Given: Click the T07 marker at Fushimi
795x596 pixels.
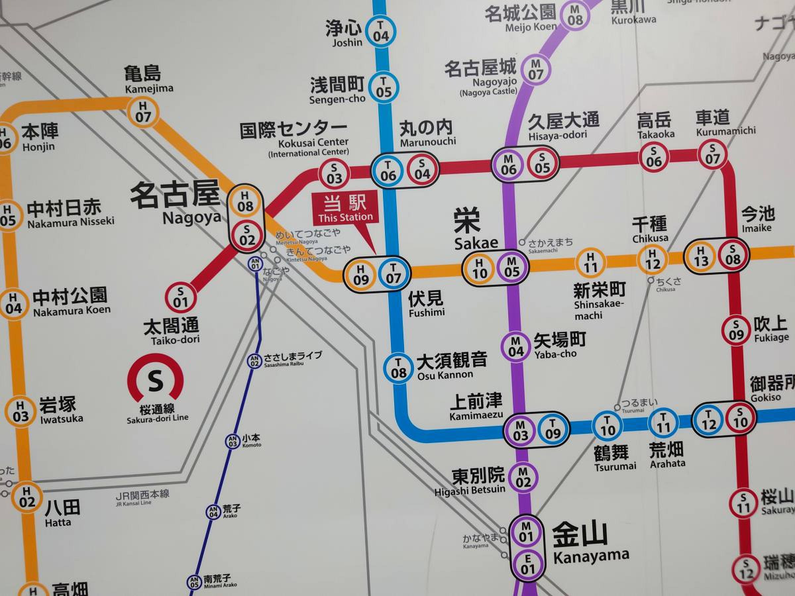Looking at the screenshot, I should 394,273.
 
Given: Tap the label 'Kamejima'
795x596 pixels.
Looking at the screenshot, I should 149,88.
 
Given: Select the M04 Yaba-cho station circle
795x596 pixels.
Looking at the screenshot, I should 516,346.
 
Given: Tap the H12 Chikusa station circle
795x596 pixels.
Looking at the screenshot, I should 653,259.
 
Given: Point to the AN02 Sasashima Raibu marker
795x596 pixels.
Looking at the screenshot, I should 254,361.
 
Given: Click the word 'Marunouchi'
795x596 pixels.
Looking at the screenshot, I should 428,142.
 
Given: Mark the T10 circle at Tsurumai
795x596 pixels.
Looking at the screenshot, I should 608,426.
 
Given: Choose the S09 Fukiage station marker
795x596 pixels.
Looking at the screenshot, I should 736,330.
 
